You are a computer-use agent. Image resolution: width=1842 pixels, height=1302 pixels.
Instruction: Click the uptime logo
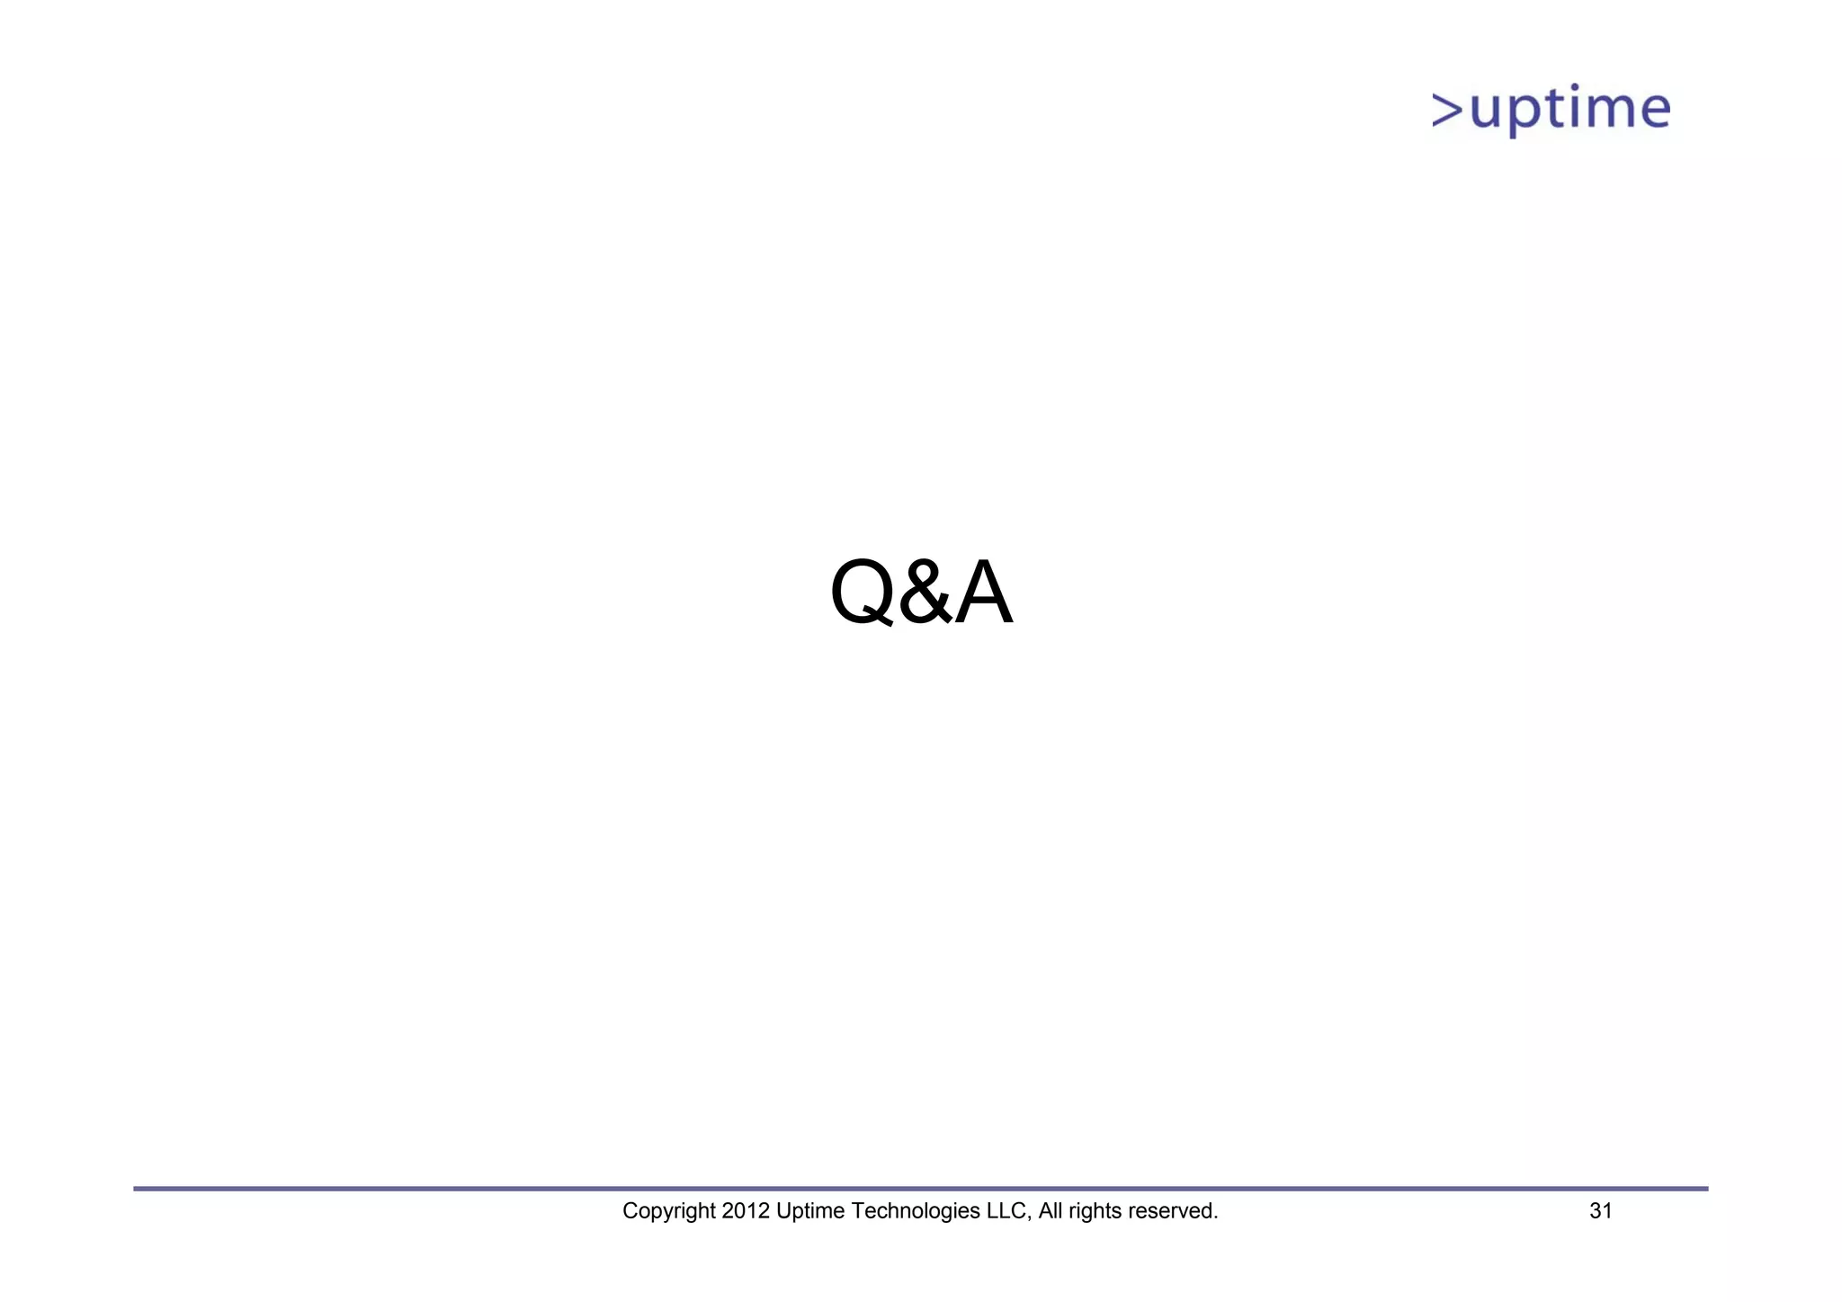coord(1551,110)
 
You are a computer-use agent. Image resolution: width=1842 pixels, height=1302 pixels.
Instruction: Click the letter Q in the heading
coord(861,593)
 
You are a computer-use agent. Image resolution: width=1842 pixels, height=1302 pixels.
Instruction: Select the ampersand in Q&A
coord(925,593)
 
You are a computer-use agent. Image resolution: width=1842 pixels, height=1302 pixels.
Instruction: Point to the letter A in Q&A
coord(983,593)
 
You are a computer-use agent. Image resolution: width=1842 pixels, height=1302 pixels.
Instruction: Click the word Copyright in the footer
coord(669,1211)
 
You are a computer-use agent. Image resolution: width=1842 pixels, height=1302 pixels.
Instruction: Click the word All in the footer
coord(1050,1211)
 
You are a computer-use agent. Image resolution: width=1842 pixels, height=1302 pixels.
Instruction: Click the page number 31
coord(1601,1211)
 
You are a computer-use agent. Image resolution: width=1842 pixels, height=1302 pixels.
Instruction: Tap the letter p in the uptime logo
coord(1523,115)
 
